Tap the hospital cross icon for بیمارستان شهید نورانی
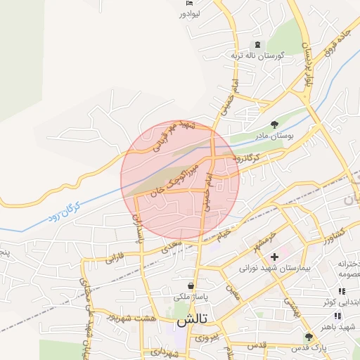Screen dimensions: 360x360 pyautogui.click(x=274, y=257)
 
